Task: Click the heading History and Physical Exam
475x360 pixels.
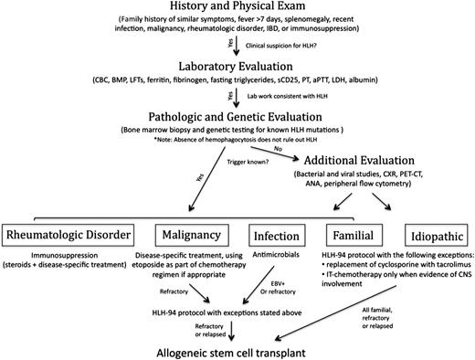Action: click(x=237, y=9)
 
